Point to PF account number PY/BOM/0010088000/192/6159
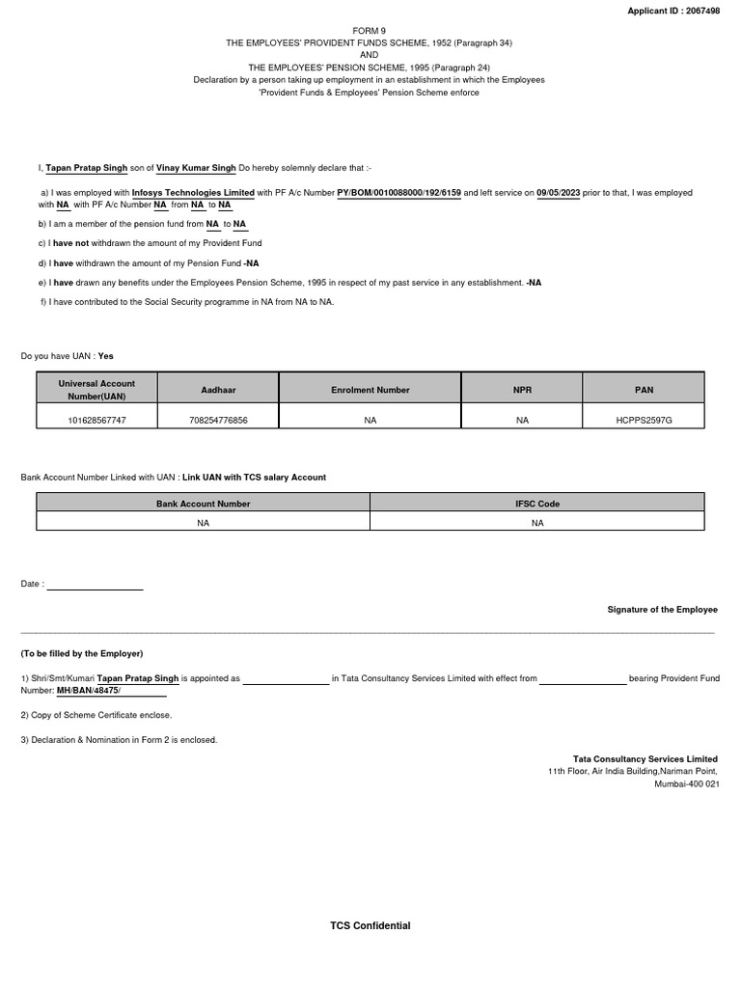(x=398, y=193)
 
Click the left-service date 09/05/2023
(x=559, y=193)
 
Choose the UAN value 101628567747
(x=96, y=420)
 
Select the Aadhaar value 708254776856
(x=218, y=420)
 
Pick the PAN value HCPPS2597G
(x=645, y=420)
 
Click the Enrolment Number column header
(x=370, y=390)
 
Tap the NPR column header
(x=522, y=390)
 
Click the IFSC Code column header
(x=537, y=504)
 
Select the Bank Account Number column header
(x=203, y=504)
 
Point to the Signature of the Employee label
(x=662, y=610)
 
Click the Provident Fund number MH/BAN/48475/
(x=89, y=691)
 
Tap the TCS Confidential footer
(x=370, y=926)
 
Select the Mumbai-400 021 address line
(x=686, y=784)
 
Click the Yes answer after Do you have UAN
(x=106, y=356)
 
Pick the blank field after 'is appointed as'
(x=286, y=678)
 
